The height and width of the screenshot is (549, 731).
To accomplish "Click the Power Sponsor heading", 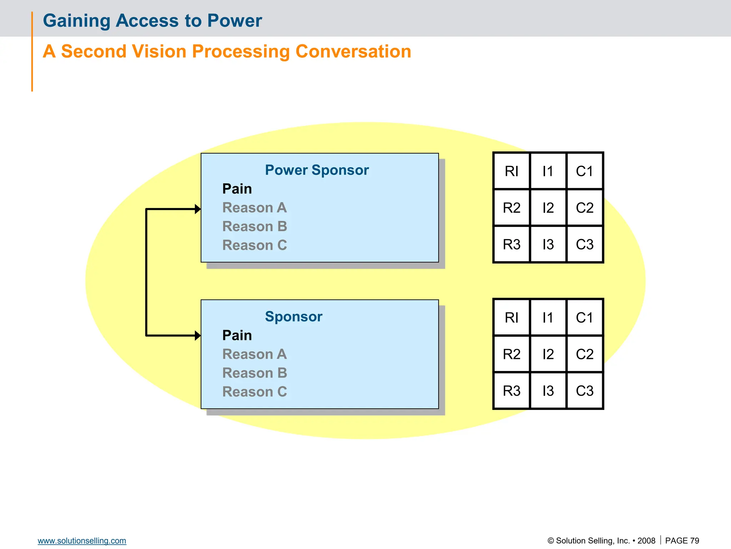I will point(317,170).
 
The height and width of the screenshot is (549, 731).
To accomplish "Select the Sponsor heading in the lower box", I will point(293,317).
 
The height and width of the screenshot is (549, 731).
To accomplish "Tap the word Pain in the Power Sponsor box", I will point(237,189).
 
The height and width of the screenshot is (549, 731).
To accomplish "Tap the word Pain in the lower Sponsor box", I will point(237,335).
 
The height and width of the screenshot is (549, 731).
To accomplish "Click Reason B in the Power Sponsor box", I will point(254,227).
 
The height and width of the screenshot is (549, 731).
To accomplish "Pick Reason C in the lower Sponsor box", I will point(254,392).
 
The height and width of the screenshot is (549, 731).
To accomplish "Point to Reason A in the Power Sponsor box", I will point(254,208).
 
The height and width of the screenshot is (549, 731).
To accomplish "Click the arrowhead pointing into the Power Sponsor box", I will point(198,209).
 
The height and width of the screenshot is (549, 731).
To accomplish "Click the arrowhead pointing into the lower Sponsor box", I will point(198,336).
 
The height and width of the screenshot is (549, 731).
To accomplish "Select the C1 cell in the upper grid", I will point(584,171).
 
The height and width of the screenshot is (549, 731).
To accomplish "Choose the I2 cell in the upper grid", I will point(548,208).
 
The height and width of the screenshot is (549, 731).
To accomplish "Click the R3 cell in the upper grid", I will point(511,244).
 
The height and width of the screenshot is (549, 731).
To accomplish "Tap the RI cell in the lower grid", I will point(511,318).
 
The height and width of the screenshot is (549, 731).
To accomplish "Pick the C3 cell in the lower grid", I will point(584,391).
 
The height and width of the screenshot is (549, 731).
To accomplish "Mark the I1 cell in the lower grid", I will point(548,318).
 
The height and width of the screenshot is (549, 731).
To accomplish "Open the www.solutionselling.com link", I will point(82,541).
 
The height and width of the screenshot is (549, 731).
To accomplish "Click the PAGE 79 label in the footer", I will point(682,541).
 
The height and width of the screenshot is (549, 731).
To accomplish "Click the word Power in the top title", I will point(235,21).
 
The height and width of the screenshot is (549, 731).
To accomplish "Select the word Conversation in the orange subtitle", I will point(353,51).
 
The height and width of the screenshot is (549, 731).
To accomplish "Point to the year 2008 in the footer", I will point(646,541).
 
